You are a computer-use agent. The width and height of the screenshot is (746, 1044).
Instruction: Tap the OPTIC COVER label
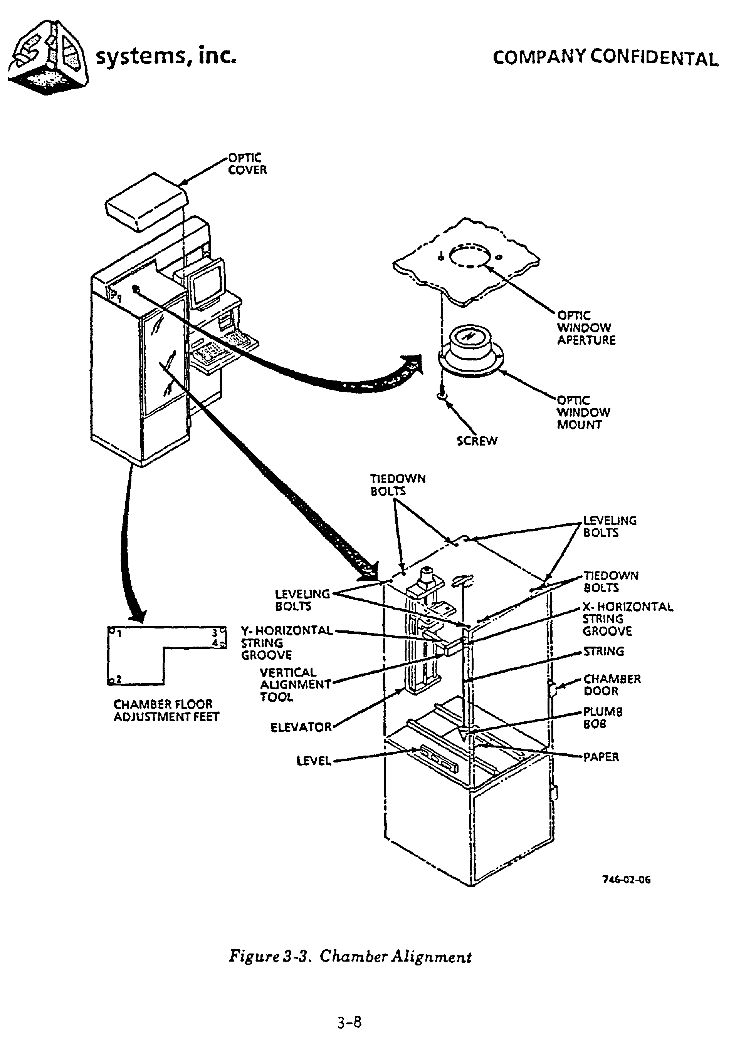247,164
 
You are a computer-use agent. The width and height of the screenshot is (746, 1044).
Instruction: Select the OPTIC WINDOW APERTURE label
586,328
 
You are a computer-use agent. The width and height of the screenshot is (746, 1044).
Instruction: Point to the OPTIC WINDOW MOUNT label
583,412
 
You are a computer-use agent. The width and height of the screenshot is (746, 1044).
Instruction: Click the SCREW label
477,441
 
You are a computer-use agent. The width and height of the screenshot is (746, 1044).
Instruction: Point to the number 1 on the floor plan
119,634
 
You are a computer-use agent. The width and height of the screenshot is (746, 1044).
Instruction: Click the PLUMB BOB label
602,717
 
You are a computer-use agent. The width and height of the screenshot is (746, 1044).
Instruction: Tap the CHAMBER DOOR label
612,685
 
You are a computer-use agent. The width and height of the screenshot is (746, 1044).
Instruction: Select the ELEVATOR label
301,727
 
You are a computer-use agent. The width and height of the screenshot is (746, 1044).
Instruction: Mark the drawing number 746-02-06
626,880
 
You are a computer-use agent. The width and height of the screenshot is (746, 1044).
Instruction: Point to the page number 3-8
349,1022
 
